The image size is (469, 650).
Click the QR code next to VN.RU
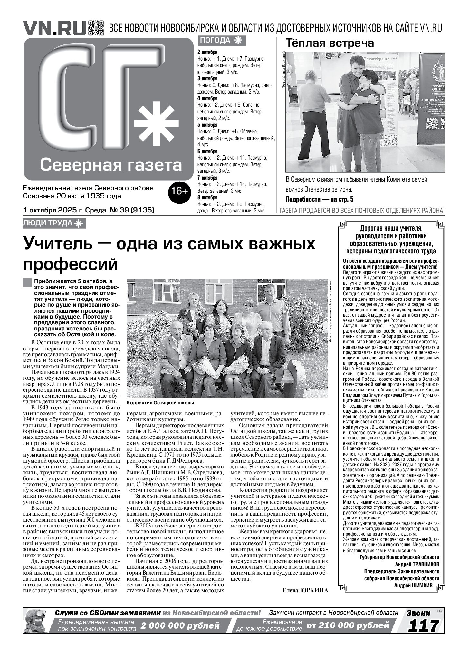click(96, 28)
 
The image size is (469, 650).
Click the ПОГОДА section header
click(222, 40)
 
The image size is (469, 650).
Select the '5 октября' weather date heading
click(207, 125)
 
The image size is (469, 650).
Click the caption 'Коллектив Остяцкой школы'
click(160, 403)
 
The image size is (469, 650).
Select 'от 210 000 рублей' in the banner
click(348, 626)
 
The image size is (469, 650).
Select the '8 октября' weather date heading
click(207, 197)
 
